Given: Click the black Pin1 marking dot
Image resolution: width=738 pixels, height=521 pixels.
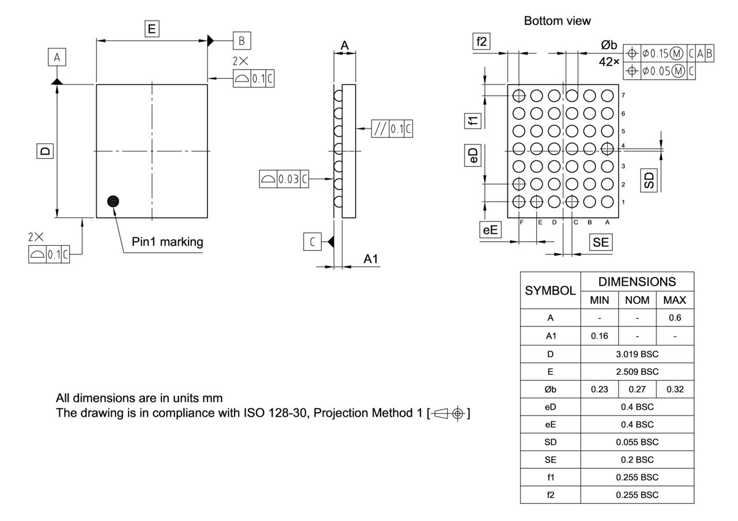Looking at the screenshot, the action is point(114,201).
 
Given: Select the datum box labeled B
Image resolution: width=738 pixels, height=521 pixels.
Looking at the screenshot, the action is point(242,40).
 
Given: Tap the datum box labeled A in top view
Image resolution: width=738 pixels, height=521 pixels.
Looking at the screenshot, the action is point(57,57).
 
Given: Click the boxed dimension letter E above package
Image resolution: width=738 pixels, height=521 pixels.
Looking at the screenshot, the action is point(152,29).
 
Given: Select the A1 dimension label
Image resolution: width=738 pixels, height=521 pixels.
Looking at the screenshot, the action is point(371,260).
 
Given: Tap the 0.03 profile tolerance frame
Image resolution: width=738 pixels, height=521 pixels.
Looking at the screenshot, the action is point(284,180).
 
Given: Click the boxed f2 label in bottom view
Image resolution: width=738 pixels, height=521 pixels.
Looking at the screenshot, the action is point(481,41).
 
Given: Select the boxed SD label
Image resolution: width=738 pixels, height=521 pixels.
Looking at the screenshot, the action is point(649,181).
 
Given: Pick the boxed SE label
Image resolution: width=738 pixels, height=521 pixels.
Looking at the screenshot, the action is point(600,242).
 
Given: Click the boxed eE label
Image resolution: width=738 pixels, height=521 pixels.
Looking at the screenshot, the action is point(490,230).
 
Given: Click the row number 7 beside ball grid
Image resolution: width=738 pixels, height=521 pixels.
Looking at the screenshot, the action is point(623,94).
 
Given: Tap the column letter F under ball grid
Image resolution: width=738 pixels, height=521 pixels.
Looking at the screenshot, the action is point(521,222).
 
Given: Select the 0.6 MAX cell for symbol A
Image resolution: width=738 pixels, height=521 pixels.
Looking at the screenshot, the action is point(675,317).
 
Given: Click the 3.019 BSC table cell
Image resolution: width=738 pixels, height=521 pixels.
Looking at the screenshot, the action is point(637,353).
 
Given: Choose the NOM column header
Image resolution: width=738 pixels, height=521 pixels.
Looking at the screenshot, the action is point(637,300).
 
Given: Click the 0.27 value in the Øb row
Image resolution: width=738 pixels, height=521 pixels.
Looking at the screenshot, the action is point(637,389).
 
